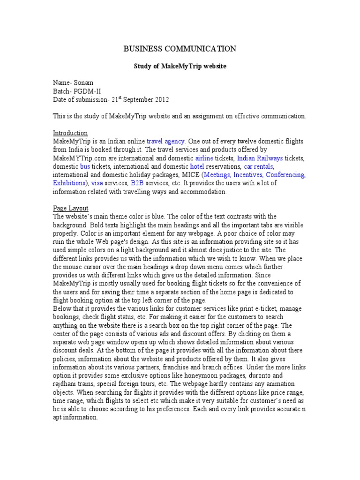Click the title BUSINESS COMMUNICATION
pyautogui.click(x=180, y=49)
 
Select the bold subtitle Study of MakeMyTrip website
pyautogui.click(x=180, y=67)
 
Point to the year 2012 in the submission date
pyautogui.click(x=160, y=100)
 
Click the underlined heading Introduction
pyautogui.click(x=70, y=133)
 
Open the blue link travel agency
pyautogui.click(x=166, y=141)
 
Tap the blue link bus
pyautogui.click(x=85, y=166)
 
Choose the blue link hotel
pyautogui.click(x=196, y=166)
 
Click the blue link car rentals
pyautogui.click(x=258, y=166)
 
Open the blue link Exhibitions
pyautogui.click(x=69, y=183)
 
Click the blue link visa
pyautogui.click(x=97, y=183)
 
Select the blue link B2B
pyautogui.click(x=137, y=183)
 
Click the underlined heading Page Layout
pyautogui.click(x=71, y=208)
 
